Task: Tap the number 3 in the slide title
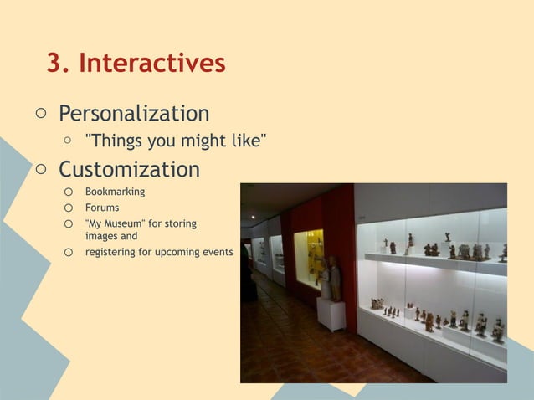[57, 64]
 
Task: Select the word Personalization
[134, 113]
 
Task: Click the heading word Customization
[129, 170]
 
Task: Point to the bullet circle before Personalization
[39, 113]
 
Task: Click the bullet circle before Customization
[39, 170]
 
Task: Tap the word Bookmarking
[115, 192]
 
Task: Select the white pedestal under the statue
[331, 314]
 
